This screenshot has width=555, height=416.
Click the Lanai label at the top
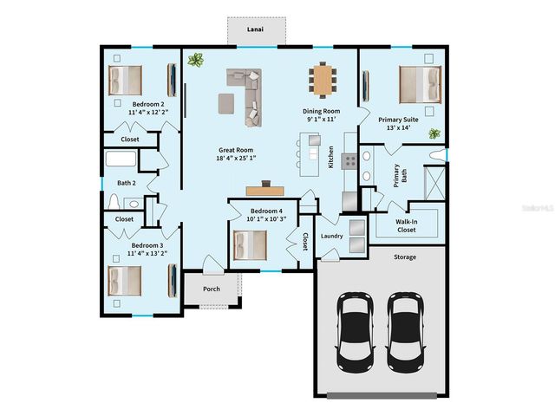point(255,29)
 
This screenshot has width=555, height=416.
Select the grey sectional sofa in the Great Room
point(246,91)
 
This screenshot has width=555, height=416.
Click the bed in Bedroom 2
point(124,80)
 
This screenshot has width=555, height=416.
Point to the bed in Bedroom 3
point(123,280)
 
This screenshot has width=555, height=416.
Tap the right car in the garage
point(405,328)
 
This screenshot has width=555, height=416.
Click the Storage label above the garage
point(405,257)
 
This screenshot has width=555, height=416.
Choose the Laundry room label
point(332,236)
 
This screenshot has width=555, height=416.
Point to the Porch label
point(212,289)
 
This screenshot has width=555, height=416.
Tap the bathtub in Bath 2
point(121,160)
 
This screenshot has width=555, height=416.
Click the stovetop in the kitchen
point(350,160)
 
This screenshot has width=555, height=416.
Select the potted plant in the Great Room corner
point(196,61)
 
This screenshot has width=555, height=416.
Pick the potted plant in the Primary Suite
point(434,135)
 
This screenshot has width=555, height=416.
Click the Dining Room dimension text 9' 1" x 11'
point(320,120)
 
